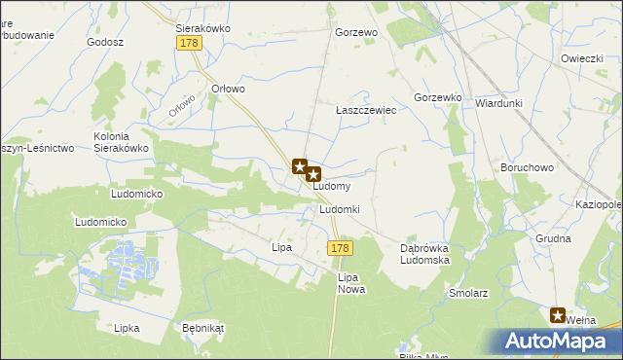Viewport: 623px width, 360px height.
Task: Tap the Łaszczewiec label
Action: (x=365, y=111)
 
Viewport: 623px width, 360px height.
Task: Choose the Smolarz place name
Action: (x=468, y=292)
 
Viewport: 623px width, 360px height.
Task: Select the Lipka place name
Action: (x=127, y=328)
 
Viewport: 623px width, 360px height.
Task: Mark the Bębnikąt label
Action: (x=202, y=328)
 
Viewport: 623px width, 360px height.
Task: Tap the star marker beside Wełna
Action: (x=558, y=314)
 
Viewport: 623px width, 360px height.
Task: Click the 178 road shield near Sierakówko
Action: (x=189, y=44)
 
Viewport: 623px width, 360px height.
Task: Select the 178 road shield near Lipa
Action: (x=340, y=249)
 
